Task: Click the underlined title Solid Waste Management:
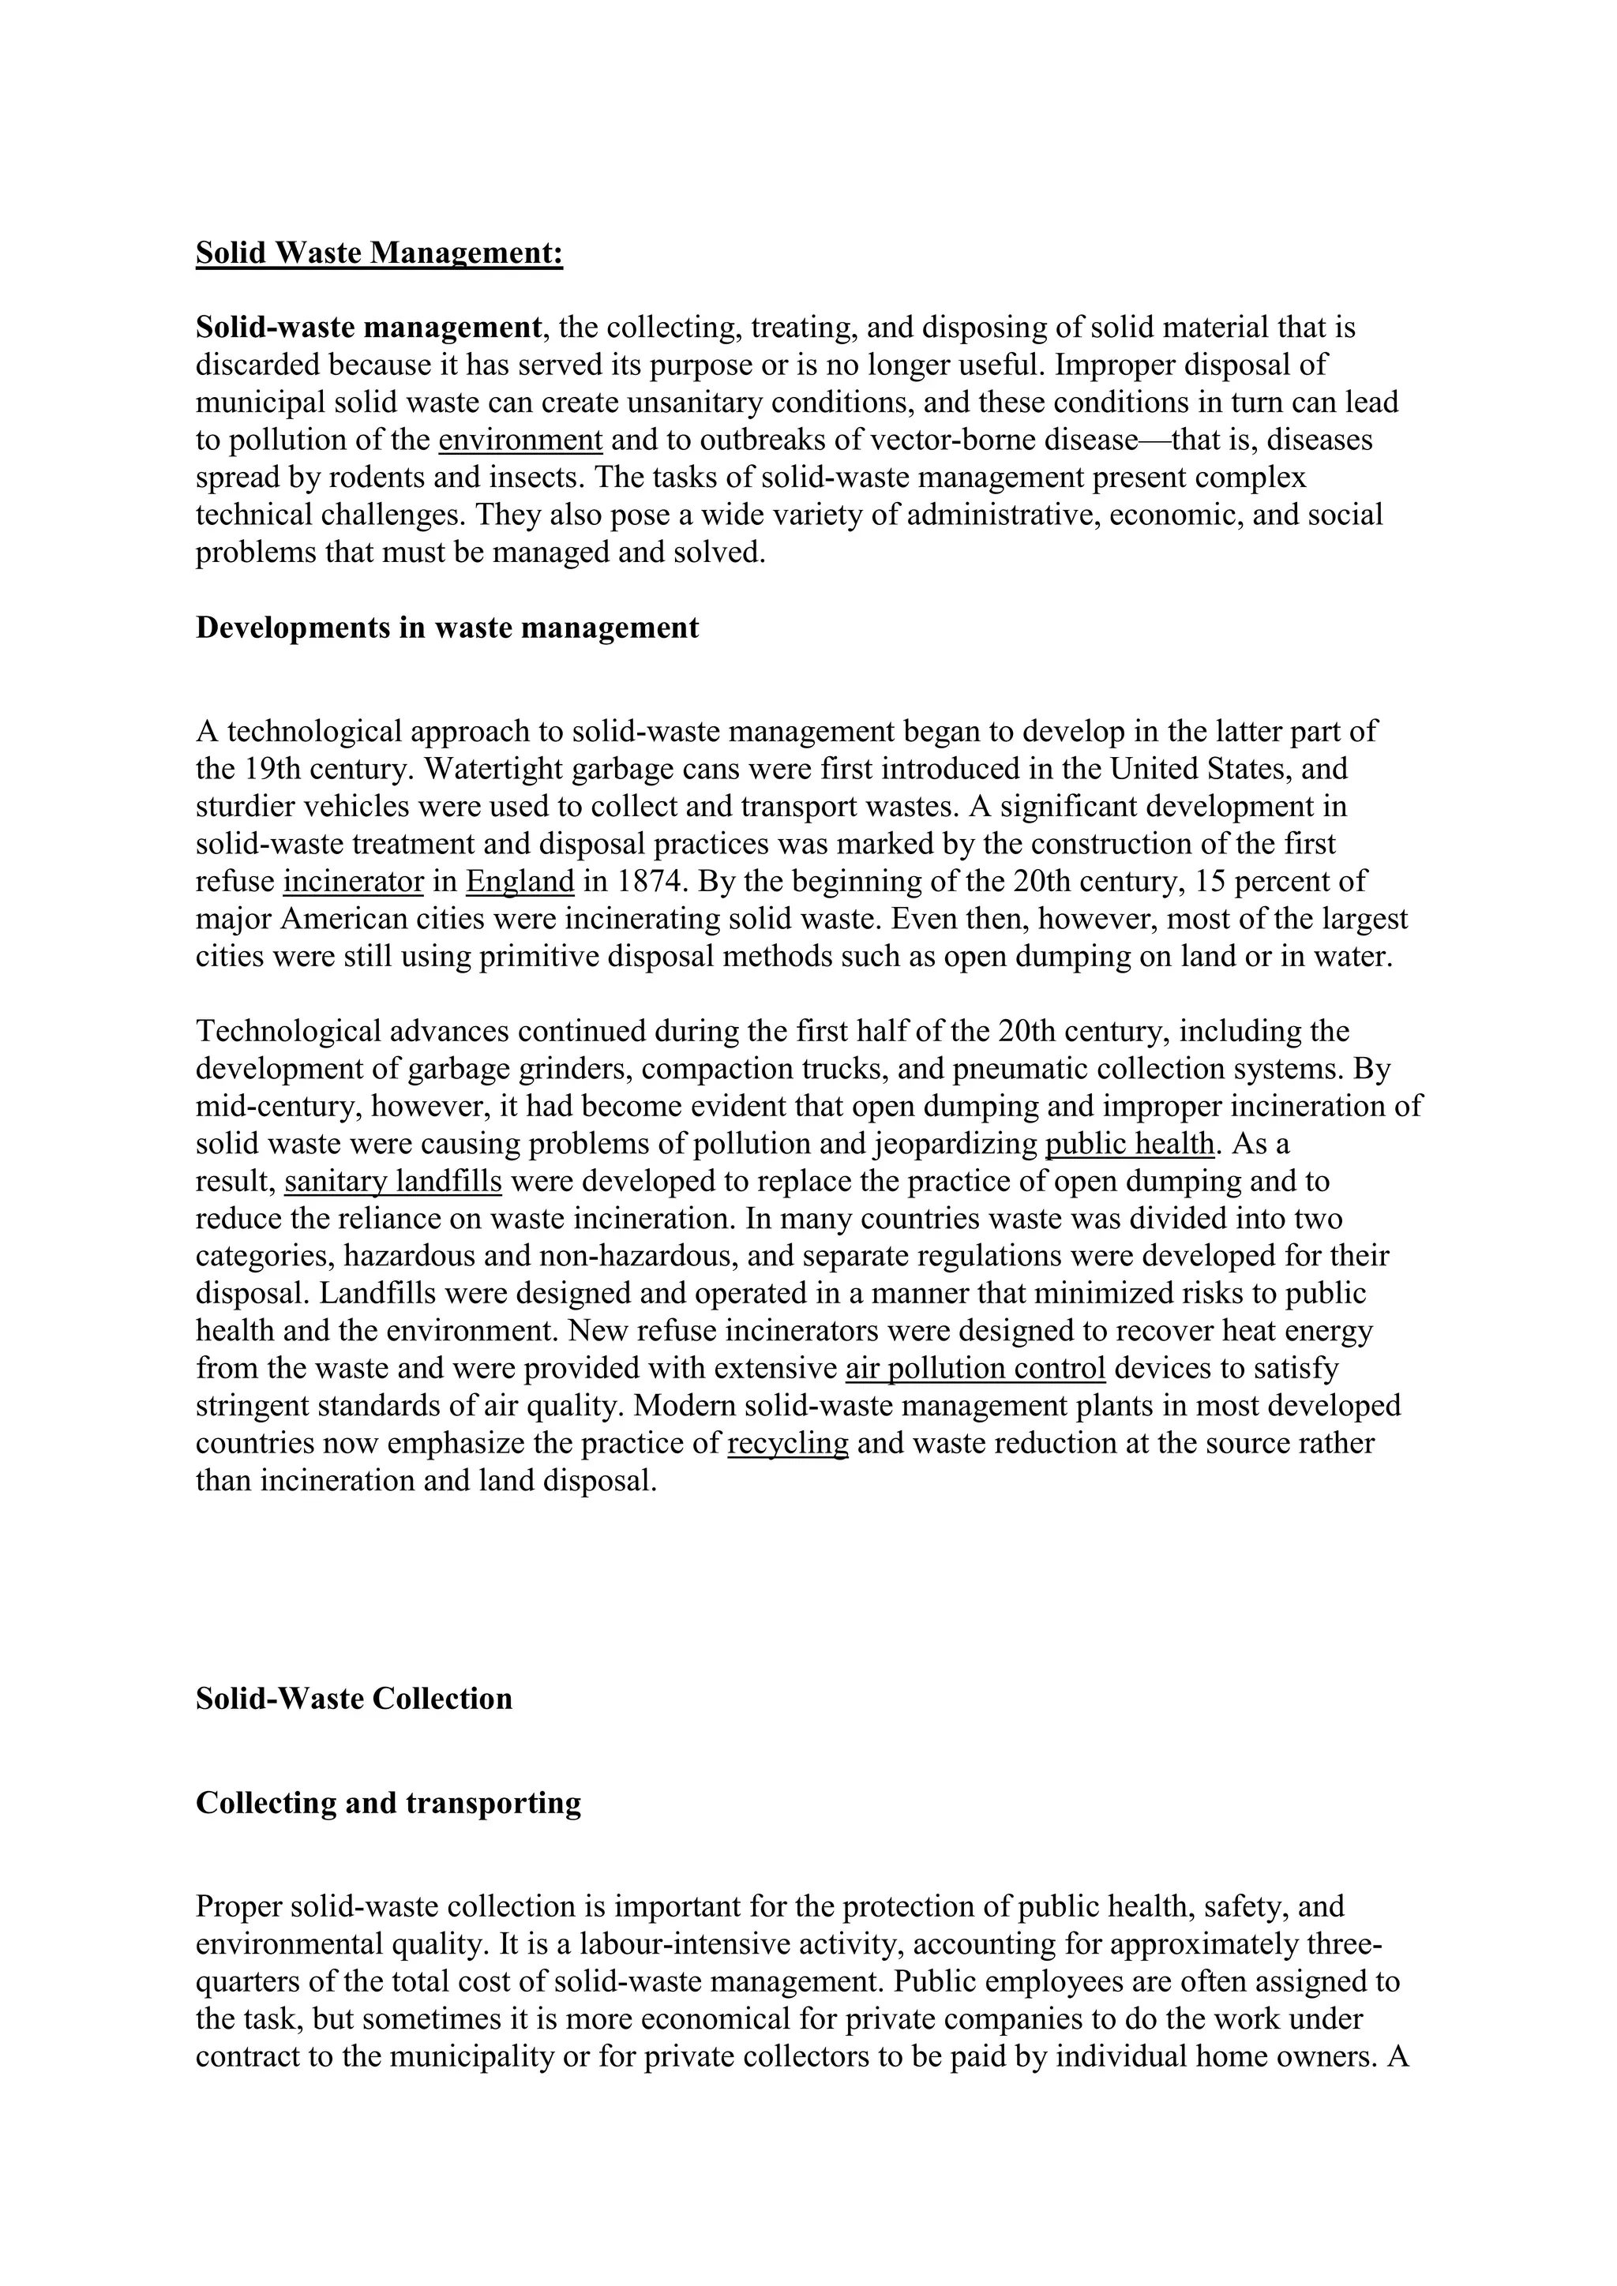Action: (x=378, y=253)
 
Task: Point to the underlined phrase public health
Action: (x=1130, y=1144)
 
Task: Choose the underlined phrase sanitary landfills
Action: (x=393, y=1182)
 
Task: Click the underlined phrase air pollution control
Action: (x=975, y=1369)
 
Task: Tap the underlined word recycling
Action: (x=788, y=1444)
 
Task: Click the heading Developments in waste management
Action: (x=447, y=628)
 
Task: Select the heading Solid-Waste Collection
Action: (x=354, y=1699)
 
